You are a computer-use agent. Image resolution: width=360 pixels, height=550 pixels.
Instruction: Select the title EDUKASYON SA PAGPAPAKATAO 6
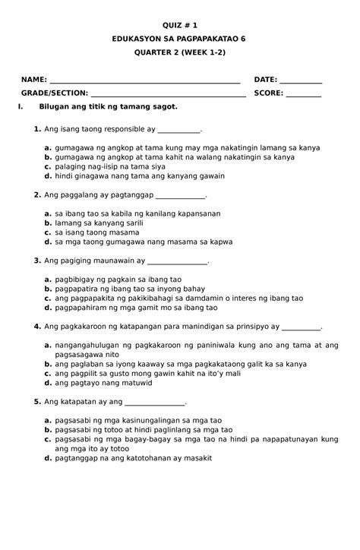[x=179, y=37]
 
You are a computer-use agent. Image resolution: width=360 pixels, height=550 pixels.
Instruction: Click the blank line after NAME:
[x=144, y=80]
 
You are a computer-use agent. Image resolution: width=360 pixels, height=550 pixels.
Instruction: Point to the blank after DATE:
[x=301, y=80]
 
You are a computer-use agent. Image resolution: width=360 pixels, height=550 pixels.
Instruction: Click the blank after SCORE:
[x=304, y=94]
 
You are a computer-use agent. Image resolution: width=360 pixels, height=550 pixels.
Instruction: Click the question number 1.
[x=36, y=130]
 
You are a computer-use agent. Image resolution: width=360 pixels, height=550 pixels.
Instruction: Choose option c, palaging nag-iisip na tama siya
[x=109, y=166]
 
